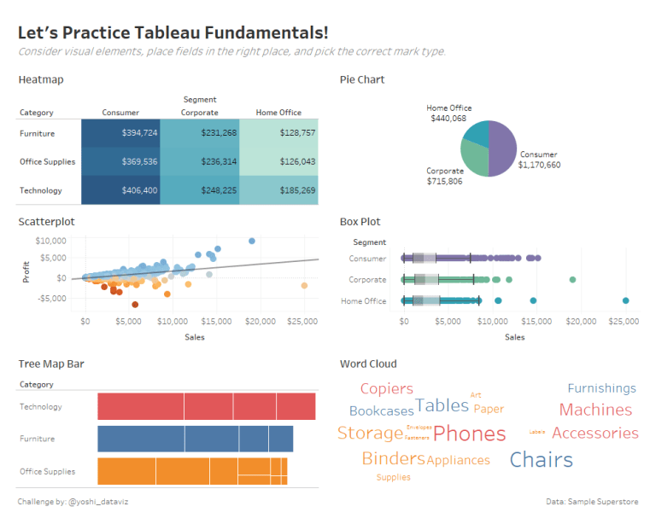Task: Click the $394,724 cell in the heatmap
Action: point(121,133)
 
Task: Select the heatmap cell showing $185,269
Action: point(278,190)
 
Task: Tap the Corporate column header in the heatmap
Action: point(199,113)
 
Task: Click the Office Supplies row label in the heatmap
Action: point(48,162)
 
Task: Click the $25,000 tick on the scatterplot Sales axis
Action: point(302,322)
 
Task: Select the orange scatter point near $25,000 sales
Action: point(304,286)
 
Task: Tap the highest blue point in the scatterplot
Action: point(252,242)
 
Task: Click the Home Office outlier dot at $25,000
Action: point(625,300)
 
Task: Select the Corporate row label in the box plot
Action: point(368,280)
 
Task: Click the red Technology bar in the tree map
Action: point(206,406)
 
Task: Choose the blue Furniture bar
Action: point(195,439)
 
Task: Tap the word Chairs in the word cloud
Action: point(541,460)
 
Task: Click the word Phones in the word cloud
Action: point(469,434)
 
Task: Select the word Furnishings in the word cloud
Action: point(601,388)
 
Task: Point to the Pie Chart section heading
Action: point(362,79)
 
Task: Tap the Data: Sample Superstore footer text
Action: point(592,502)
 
